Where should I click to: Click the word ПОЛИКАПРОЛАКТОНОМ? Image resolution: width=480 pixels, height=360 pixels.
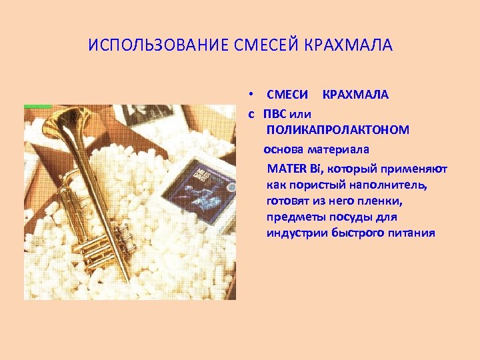[x=337, y=129]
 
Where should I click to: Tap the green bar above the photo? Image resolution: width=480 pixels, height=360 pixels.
[x=37, y=106]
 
